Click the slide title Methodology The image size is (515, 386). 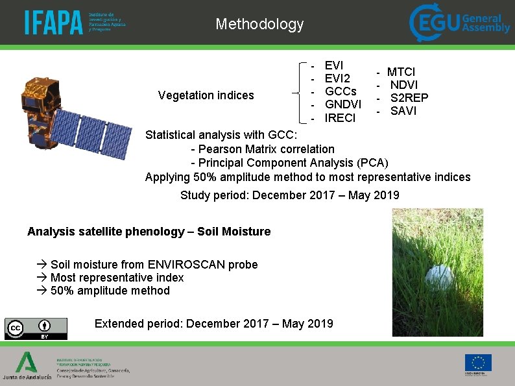(259, 25)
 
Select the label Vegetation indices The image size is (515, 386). (206, 95)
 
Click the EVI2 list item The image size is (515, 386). (337, 78)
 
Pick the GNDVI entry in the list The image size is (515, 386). (343, 104)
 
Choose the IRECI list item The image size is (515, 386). (340, 118)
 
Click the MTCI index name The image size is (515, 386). (401, 72)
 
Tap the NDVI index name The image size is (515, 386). (403, 85)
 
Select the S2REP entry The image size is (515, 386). (409, 98)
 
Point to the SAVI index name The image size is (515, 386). (403, 111)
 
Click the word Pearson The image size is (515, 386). (222, 149)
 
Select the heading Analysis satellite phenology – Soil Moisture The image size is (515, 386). (149, 232)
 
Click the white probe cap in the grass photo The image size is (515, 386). (439, 277)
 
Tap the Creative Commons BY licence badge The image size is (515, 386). (36, 328)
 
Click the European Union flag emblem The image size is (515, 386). (477, 363)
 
